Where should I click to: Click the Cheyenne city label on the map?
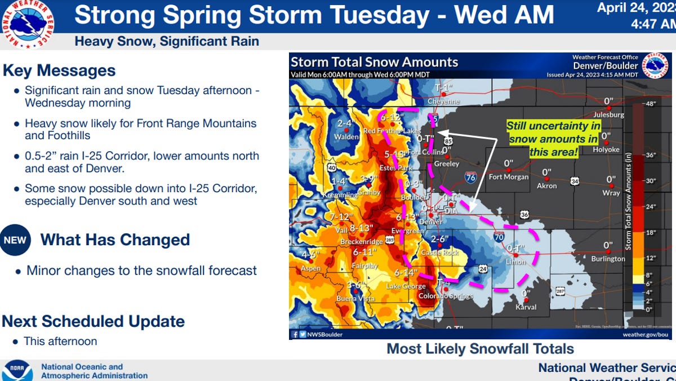[444, 102]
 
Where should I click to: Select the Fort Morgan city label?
[509, 177]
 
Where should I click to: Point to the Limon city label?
[516, 262]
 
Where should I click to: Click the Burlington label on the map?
[608, 259]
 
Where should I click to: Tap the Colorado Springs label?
[446, 296]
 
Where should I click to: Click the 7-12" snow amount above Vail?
[341, 217]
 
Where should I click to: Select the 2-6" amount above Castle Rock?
[439, 239]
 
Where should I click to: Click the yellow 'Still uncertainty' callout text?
[553, 139]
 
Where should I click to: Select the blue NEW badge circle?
[15, 240]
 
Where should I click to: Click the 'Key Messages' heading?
[59, 70]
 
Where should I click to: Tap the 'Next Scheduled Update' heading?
[93, 321]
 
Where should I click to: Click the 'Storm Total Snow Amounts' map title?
[375, 62]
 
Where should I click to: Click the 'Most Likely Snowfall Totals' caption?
[480, 349]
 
